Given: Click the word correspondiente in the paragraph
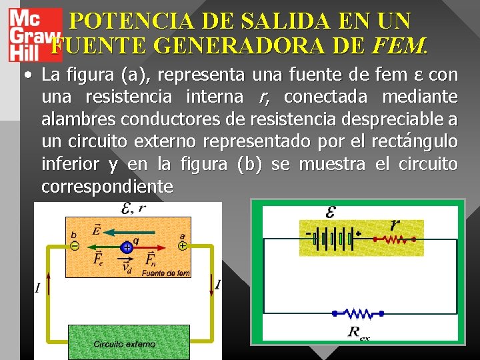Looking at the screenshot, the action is click(x=107, y=186).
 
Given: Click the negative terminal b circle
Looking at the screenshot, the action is click(x=75, y=245).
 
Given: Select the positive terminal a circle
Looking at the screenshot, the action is click(x=181, y=245).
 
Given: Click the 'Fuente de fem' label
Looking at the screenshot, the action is click(x=166, y=273).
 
